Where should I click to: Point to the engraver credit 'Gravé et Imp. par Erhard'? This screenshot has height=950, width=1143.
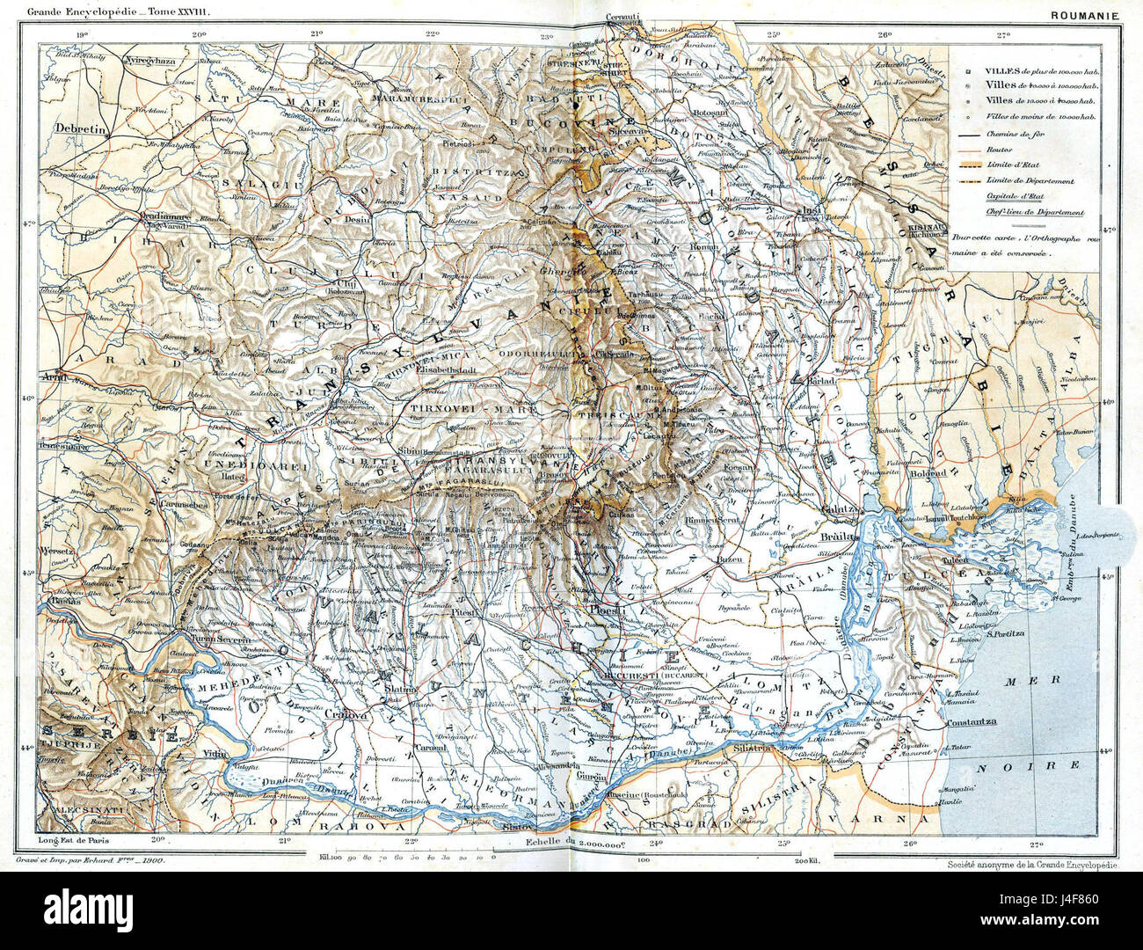[92, 866]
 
